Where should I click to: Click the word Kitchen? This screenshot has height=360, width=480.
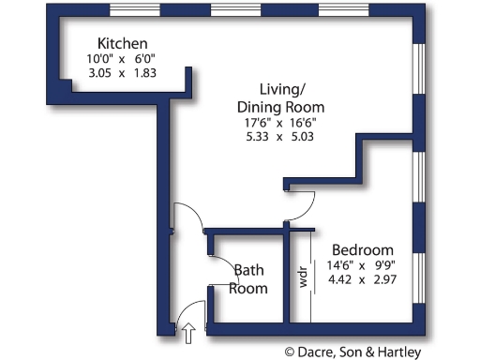(123, 44)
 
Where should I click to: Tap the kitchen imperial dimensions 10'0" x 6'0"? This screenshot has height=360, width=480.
(123, 58)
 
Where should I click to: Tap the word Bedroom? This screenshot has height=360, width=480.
(363, 250)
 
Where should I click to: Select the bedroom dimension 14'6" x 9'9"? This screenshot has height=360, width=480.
(363, 265)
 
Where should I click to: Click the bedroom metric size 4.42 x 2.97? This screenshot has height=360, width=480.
(363, 279)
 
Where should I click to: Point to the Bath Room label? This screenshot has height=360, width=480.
(250, 279)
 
